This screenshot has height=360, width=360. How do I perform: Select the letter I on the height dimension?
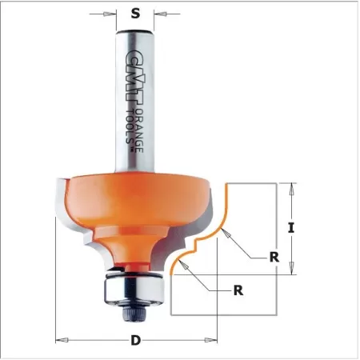point(292,228)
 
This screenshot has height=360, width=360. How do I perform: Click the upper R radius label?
point(274,258)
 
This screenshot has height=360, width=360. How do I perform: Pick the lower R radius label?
point(238,290)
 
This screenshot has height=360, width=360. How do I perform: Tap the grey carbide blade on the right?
point(201,210)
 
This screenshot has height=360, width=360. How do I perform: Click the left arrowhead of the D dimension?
point(59,342)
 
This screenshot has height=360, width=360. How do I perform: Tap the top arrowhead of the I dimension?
point(293,186)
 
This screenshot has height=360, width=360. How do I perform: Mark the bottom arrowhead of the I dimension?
point(293,270)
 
